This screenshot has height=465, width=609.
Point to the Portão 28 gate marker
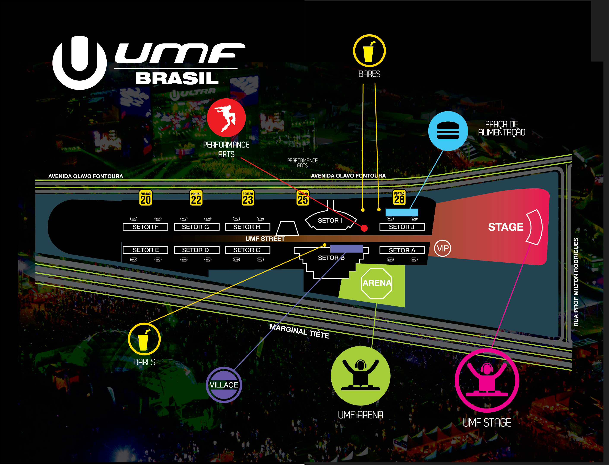tap(399, 197)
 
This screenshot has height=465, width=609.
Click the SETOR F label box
tap(146, 227)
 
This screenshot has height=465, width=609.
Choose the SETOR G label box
tap(196, 227)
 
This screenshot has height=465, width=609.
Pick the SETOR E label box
tap(146, 250)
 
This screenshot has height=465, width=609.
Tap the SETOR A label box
tap(402, 250)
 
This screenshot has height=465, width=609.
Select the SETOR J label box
tap(402, 227)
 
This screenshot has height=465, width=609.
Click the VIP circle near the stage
tap(443, 248)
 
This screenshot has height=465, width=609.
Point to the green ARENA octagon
tap(377, 283)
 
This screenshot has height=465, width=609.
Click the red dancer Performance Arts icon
tap(226, 118)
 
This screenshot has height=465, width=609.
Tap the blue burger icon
tap(448, 131)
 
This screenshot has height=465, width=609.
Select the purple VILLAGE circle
tap(224, 385)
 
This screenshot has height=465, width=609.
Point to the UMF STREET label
tap(265, 239)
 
